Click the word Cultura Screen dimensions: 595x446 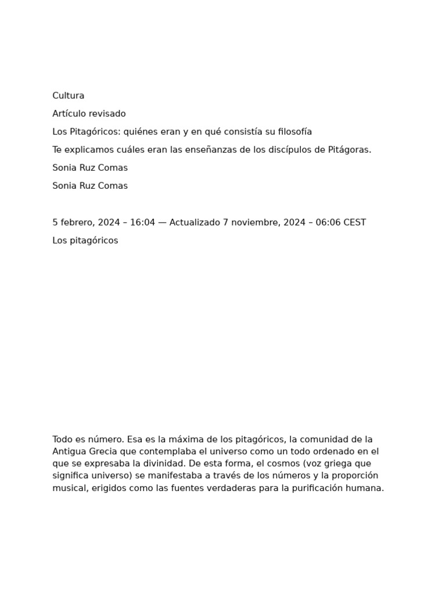[x=68, y=96]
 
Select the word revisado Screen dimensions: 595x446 [x=107, y=114]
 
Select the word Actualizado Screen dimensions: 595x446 [x=195, y=223]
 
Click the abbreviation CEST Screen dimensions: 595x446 [x=355, y=223]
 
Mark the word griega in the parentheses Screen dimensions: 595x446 [x=333, y=464]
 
